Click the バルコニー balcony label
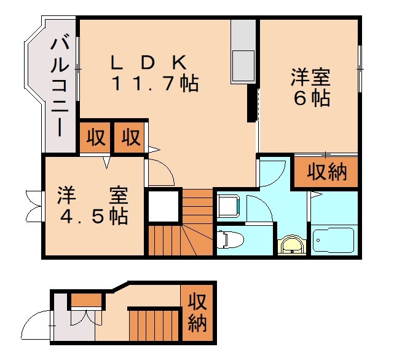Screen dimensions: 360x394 pyautogui.click(x=59, y=86)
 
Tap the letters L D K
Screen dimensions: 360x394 pyautogui.click(x=148, y=63)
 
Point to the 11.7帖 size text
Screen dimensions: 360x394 pyautogui.click(x=154, y=84)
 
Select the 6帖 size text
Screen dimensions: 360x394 pyautogui.click(x=310, y=98)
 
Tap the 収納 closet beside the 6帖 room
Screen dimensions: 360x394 pyautogui.click(x=326, y=173)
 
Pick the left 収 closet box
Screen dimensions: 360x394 pyautogui.click(x=94, y=137)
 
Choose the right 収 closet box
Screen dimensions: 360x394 pyautogui.click(x=130, y=137)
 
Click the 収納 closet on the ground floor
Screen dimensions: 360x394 pyautogui.click(x=197, y=313)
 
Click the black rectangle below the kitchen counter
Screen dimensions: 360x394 pyautogui.click(x=251, y=103)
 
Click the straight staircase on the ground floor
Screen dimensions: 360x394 pyautogui.click(x=153, y=322)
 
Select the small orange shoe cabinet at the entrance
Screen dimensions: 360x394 pyautogui.click(x=85, y=300)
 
